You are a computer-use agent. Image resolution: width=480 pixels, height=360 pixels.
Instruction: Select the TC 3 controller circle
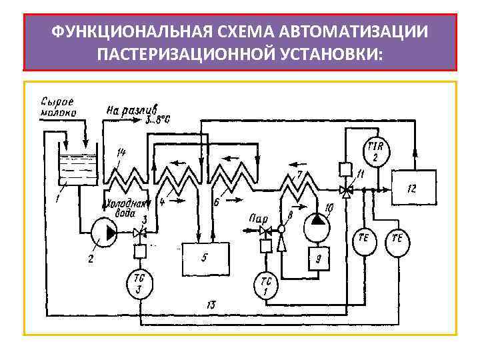point(139,283)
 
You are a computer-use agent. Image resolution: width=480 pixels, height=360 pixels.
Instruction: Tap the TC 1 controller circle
point(265,285)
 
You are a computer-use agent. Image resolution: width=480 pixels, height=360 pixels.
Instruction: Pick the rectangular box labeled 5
point(206,259)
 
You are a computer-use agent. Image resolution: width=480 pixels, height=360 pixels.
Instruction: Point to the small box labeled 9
point(319,259)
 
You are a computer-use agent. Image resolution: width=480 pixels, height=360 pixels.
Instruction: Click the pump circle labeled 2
point(103,232)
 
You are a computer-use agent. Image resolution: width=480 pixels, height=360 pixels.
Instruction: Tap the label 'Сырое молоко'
point(58,107)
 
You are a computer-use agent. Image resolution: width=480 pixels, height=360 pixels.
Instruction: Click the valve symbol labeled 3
point(139,233)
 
